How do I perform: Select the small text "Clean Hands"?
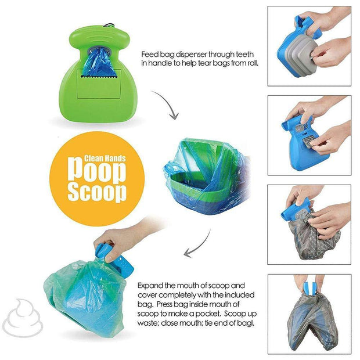(105, 157)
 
